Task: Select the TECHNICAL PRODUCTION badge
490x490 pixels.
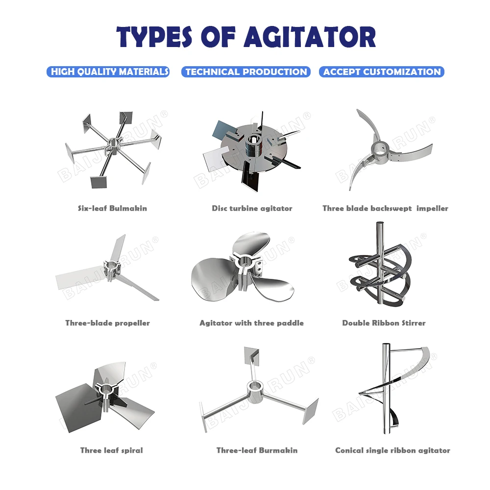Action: [x=246, y=72]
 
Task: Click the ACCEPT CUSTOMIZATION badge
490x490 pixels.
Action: [x=382, y=72]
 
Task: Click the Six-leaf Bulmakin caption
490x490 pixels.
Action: [x=112, y=208]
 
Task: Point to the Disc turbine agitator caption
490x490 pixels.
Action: [x=252, y=208]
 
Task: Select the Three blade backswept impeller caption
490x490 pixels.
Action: [x=385, y=208]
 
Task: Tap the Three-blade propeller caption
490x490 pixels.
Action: [x=107, y=323]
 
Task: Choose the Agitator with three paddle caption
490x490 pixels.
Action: [x=251, y=323]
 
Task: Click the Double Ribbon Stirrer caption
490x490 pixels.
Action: [x=384, y=323]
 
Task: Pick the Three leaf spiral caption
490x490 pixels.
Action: [x=111, y=450]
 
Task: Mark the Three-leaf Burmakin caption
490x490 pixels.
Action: [x=257, y=450]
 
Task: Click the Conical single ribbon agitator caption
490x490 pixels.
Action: [x=392, y=450]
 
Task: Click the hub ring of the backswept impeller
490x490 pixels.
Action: [x=381, y=146]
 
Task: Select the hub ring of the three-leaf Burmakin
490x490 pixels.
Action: [x=255, y=388]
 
